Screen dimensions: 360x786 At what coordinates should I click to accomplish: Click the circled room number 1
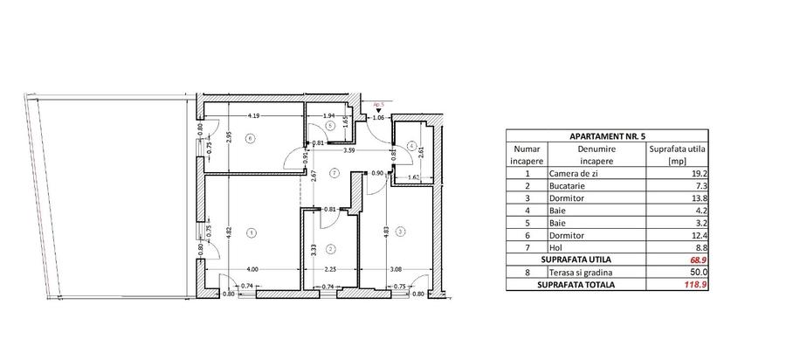pos(252,232)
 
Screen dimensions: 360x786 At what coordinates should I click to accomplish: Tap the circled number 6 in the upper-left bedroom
pos(250,138)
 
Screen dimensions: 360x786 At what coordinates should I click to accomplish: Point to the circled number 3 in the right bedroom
pos(399,232)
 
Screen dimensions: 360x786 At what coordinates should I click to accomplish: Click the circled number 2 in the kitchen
pos(321,248)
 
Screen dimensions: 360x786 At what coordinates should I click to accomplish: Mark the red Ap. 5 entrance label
pos(378,102)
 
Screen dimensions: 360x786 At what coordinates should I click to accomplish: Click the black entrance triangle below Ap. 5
pos(378,109)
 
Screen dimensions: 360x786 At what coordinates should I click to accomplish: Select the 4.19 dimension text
pos(253,115)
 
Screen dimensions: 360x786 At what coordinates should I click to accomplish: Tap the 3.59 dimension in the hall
pos(348,151)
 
